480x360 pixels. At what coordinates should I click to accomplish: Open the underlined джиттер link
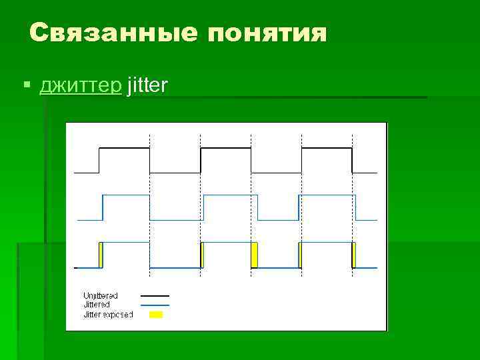tap(80, 86)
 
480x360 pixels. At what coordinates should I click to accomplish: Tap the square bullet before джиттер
tap(27, 86)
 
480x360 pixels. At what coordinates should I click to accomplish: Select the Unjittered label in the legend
tap(101, 295)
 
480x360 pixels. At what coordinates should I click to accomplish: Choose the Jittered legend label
tap(97, 305)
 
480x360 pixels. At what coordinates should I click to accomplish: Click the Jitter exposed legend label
tap(108, 314)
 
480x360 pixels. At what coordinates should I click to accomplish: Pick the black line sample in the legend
tap(155, 295)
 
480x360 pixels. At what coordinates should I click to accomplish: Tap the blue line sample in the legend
tap(155, 305)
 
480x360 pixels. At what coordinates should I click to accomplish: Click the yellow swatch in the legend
tap(156, 314)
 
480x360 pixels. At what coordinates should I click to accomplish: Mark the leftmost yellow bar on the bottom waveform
tap(101, 255)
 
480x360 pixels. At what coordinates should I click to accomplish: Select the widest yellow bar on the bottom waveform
tap(254, 255)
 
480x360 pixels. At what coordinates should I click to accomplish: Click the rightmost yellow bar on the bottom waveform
tap(354, 255)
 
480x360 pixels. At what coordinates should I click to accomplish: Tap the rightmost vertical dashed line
tap(352, 200)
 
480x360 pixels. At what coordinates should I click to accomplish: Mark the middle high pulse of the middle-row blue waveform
tap(230, 196)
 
